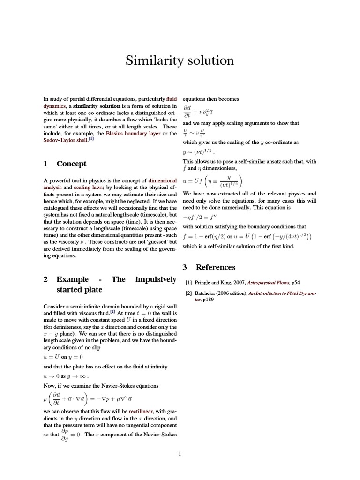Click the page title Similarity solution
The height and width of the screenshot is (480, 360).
[x=180, y=60]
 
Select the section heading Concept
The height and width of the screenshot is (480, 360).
[x=71, y=164]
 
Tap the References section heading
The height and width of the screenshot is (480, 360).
[x=215, y=267]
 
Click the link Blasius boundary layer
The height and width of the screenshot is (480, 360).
[x=133, y=134]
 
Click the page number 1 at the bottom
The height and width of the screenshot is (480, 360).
[x=180, y=453]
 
